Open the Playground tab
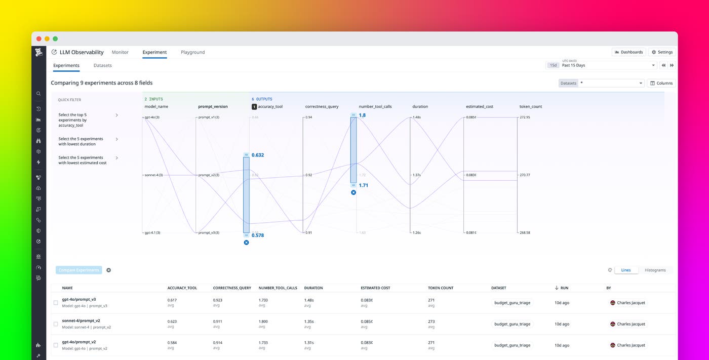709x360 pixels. [192, 52]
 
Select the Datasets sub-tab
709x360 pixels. [102, 65]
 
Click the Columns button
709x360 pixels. [661, 83]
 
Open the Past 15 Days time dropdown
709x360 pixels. [608, 65]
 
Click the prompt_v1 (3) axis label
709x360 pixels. [209, 117]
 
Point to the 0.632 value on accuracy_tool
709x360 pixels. [258, 155]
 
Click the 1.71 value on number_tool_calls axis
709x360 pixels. [364, 185]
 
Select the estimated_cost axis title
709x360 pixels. [479, 107]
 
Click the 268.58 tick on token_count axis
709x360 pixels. [525, 233]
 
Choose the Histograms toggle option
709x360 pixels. [655, 270]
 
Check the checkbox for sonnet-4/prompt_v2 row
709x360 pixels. [56, 324]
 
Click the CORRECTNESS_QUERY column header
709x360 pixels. [232, 288]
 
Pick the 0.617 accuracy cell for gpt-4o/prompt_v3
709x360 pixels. [172, 300]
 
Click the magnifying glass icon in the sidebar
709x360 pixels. [38, 94]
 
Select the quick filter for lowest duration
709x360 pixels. [81, 141]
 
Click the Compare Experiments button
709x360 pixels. [78, 270]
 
